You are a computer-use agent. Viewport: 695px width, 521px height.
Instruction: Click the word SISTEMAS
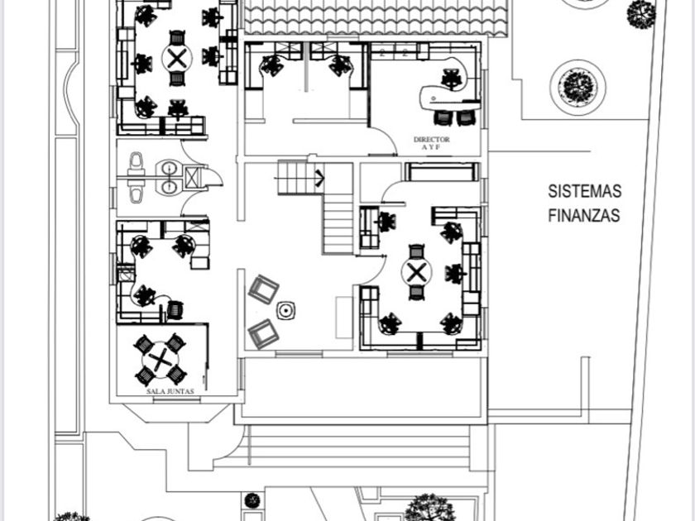[584, 191]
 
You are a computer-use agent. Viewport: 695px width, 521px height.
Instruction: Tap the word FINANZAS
[584, 216]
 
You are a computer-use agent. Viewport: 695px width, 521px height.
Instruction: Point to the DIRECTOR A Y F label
[431, 143]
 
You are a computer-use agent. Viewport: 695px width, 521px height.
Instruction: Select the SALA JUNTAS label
[170, 390]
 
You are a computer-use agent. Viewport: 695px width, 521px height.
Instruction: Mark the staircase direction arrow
[319, 176]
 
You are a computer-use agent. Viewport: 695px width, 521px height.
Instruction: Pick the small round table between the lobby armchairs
[286, 311]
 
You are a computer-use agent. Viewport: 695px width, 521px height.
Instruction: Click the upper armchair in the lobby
[263, 289]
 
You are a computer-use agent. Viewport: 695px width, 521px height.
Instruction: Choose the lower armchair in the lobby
[263, 332]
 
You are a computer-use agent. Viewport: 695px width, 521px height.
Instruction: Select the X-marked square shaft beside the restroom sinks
[194, 178]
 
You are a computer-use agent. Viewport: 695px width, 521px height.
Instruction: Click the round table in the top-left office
[176, 58]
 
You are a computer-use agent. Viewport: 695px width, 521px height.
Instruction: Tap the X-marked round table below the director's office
[417, 272]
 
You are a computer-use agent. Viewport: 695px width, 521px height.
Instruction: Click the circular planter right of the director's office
[578, 87]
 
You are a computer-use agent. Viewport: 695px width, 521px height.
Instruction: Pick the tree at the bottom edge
[429, 507]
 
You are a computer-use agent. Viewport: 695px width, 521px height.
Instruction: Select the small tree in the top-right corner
[640, 13]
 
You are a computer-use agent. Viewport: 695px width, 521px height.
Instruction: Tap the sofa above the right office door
[442, 172]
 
